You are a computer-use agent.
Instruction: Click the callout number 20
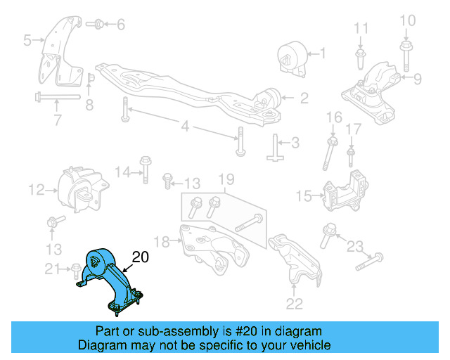pos(141,258)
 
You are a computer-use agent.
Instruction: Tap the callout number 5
pos(27,41)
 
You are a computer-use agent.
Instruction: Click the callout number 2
pos(304,99)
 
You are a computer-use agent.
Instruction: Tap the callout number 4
pos(186,127)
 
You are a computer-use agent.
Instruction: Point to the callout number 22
pos(295,304)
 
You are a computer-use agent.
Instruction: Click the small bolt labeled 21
pos(75,268)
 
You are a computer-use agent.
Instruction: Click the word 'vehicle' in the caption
pos(307,345)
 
